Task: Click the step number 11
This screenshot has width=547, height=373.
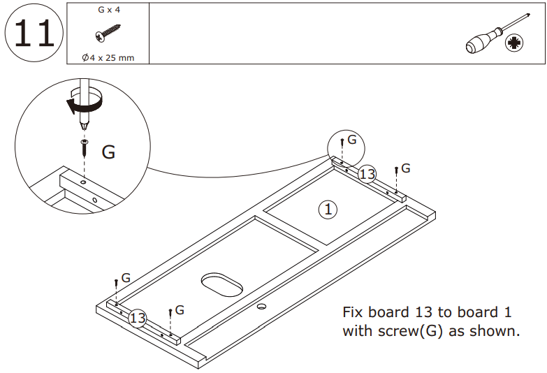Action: (34, 33)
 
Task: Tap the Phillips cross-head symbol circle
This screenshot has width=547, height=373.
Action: (516, 43)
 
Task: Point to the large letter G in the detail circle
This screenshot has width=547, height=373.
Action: (108, 152)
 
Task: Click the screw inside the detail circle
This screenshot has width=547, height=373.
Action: (84, 146)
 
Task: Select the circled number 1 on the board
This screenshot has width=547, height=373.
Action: (328, 208)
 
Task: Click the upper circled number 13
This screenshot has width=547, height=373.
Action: (367, 174)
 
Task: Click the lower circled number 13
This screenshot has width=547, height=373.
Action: (138, 319)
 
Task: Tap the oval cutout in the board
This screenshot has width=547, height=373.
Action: (222, 284)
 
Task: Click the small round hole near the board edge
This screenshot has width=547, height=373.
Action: (263, 307)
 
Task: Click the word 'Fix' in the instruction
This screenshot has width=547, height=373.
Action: (354, 312)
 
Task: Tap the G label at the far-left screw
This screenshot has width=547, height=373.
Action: (126, 278)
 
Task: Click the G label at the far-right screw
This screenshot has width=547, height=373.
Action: (405, 168)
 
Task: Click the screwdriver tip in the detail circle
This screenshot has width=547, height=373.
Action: (84, 126)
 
